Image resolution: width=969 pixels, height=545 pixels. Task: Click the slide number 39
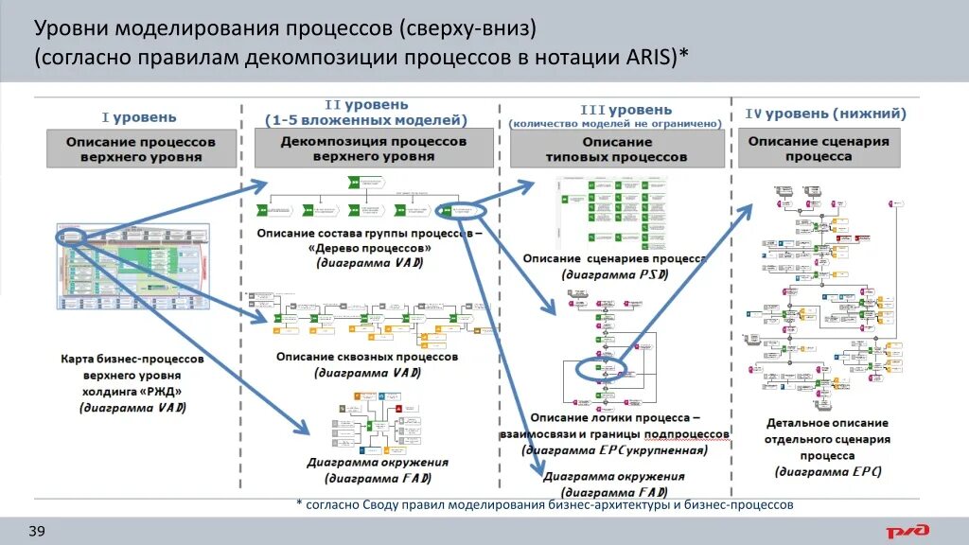coord(37,531)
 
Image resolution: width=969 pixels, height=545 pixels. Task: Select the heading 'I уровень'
coord(139,117)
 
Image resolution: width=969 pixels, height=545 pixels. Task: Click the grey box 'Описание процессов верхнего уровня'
coord(140,149)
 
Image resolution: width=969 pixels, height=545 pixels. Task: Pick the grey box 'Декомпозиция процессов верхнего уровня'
coord(373,149)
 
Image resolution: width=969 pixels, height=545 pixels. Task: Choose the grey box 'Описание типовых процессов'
coord(617,149)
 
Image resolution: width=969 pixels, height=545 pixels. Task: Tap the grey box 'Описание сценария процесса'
coord(819,149)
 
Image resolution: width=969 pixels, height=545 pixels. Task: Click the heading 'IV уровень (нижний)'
coord(825,114)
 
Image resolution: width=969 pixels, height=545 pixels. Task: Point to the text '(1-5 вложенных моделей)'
coord(366,120)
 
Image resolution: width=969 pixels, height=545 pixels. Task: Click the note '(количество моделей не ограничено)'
coord(616,123)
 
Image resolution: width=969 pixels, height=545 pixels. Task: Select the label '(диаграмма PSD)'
coord(615,274)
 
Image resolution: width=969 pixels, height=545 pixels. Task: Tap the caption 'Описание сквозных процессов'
coord(367,357)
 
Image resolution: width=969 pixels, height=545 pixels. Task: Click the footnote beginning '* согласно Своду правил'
coord(544,505)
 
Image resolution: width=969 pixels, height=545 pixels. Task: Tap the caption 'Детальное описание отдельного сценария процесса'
coord(826,438)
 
